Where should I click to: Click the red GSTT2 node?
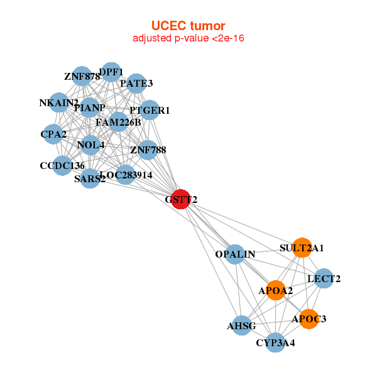point(181,199)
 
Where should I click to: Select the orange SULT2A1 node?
point(302,248)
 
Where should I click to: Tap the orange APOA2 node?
point(276,290)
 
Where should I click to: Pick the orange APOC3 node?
point(309,319)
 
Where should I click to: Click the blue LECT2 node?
point(323,278)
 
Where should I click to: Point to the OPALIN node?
point(235,254)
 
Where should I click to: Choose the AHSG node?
point(242,325)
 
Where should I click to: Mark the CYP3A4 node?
point(275,342)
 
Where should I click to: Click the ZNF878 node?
point(82,77)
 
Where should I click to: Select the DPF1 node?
point(111,72)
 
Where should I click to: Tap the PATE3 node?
point(136,83)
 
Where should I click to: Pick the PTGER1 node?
point(150,111)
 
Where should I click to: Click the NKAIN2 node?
point(58,102)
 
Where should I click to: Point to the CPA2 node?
point(53,133)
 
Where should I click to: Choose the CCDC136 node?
point(62,166)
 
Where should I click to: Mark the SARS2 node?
point(90,178)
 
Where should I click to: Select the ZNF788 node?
point(148,150)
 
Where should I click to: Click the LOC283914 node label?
point(126,175)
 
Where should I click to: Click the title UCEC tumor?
point(188,26)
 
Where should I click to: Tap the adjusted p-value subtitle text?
point(188,38)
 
